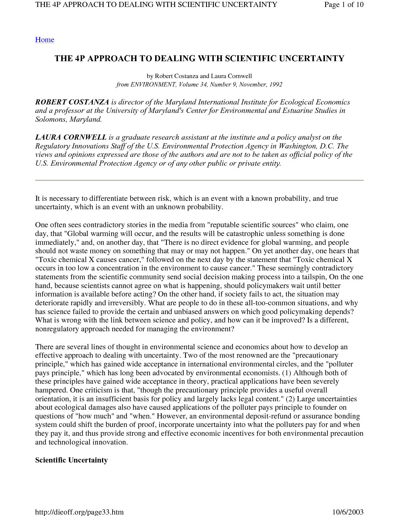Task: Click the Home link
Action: (x=44, y=40)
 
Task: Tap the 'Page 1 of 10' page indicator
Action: (x=344, y=4)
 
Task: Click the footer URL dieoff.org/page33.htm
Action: (x=79, y=512)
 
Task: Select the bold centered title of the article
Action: (x=199, y=59)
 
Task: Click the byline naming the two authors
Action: (x=199, y=76)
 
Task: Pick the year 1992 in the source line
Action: (x=275, y=85)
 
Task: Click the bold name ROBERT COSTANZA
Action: (x=72, y=102)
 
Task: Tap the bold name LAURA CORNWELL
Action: (x=71, y=137)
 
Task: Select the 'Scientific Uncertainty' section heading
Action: (x=71, y=460)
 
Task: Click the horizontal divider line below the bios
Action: (x=199, y=180)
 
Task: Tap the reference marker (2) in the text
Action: (x=290, y=399)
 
